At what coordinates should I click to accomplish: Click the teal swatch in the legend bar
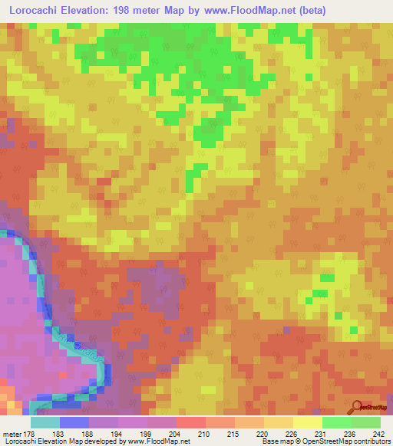point(45,422)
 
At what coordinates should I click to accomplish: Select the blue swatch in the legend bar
point(74,422)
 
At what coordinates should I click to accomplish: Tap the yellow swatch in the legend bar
point(307,422)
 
